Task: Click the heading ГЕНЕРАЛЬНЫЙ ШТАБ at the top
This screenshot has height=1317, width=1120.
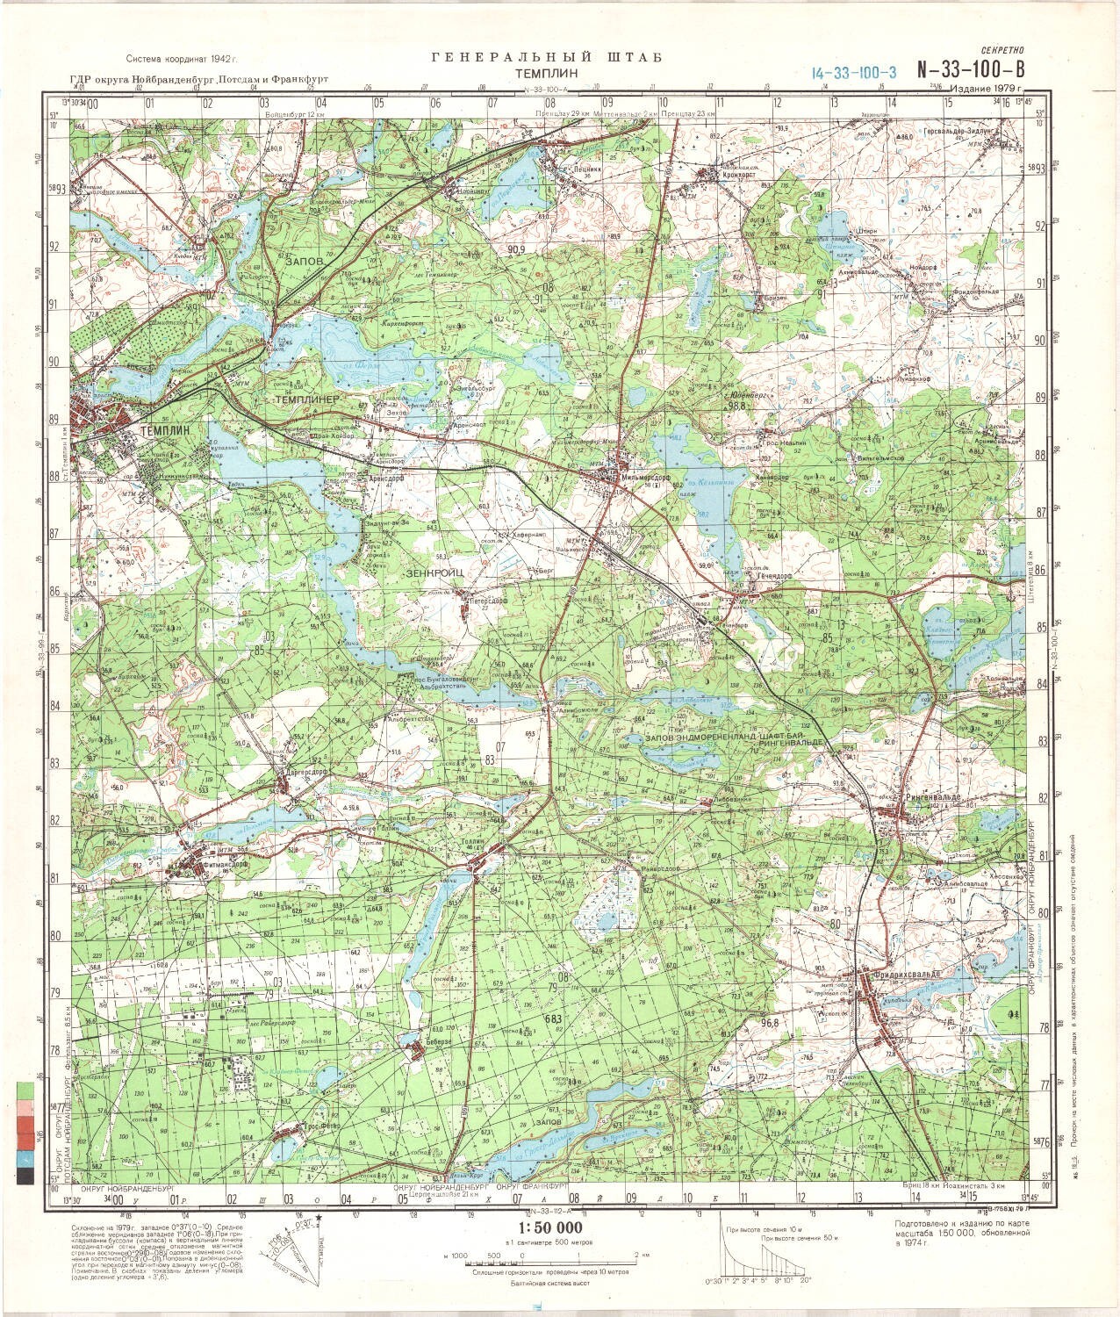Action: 547,58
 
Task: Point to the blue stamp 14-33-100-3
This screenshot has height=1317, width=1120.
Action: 853,73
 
